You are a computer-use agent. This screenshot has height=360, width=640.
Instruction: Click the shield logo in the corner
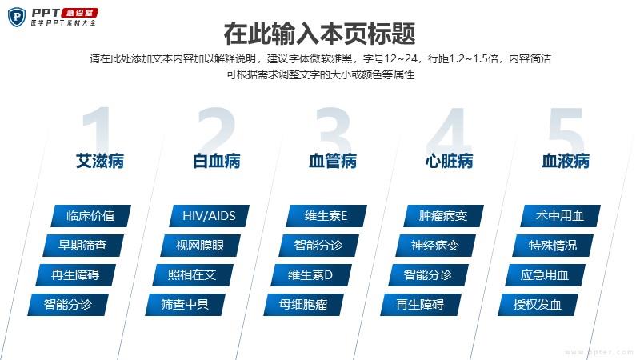click(x=17, y=17)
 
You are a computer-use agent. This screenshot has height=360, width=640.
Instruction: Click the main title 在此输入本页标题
click(x=319, y=34)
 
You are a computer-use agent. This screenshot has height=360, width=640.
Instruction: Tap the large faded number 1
click(x=97, y=129)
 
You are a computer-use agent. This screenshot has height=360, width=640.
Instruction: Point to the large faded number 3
click(x=333, y=130)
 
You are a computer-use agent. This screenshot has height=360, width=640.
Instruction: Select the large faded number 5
click(x=566, y=130)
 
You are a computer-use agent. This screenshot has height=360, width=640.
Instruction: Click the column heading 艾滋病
click(x=100, y=161)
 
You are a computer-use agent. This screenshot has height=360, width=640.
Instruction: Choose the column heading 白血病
click(x=216, y=161)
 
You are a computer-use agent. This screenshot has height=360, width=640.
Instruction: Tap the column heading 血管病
click(x=333, y=161)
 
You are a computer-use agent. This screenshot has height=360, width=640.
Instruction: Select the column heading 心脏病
click(x=449, y=161)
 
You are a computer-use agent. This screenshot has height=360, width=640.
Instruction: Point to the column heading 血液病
click(x=566, y=161)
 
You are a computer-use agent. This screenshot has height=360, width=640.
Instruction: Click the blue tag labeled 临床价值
click(x=90, y=216)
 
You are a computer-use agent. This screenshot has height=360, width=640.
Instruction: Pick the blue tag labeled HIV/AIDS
click(x=209, y=216)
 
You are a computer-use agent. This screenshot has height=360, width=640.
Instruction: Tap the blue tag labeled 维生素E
click(x=326, y=216)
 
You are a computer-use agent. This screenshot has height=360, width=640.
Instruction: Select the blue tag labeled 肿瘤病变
click(x=443, y=216)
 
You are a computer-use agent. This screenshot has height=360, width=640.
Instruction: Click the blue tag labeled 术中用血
click(x=560, y=216)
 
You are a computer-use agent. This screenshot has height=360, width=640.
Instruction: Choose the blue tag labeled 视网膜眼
click(x=201, y=246)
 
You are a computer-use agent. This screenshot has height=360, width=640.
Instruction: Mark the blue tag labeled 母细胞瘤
click(x=303, y=305)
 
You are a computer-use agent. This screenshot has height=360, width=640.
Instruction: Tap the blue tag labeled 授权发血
click(x=538, y=305)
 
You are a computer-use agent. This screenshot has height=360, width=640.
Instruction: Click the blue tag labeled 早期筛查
click(x=83, y=246)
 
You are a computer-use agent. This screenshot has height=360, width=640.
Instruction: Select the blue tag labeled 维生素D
click(x=310, y=275)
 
